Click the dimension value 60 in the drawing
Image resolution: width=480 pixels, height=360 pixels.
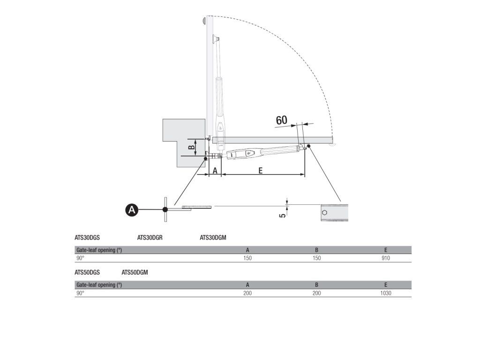(x=281, y=120)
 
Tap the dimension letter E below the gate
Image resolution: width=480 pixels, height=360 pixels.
(x=261, y=171)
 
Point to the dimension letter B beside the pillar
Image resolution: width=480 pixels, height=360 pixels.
(x=192, y=147)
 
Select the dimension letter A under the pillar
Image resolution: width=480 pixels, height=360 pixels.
(x=215, y=171)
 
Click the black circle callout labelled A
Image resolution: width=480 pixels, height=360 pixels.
(x=133, y=210)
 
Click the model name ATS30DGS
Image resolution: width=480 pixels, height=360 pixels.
(x=87, y=238)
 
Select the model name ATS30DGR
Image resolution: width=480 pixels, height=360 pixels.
(x=150, y=238)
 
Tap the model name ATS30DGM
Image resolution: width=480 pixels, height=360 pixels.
(x=213, y=238)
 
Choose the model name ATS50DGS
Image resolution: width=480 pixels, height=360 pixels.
(x=87, y=272)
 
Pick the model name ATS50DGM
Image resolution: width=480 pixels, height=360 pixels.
(x=135, y=272)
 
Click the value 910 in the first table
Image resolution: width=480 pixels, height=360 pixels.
(x=386, y=258)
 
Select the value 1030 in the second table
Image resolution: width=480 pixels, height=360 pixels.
(x=386, y=293)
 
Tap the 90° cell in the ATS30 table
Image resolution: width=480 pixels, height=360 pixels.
(x=80, y=258)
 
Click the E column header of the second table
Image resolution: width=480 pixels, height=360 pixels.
(x=386, y=285)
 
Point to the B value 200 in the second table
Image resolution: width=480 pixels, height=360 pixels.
(x=316, y=293)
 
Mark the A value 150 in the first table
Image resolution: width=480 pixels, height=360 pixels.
(x=247, y=258)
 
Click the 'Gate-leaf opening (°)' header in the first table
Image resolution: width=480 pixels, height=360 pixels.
(x=99, y=250)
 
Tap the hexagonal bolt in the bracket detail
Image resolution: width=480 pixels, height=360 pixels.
(x=324, y=212)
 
